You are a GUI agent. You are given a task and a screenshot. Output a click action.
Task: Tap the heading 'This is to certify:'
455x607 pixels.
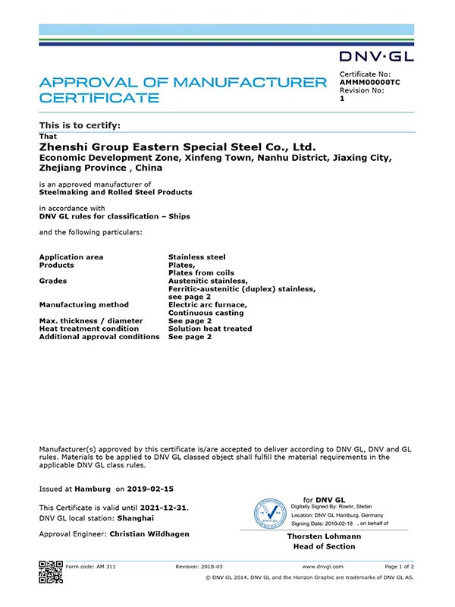pyautogui.click(x=80, y=124)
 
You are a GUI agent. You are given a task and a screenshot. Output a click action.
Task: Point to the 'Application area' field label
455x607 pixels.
pyautogui.click(x=71, y=257)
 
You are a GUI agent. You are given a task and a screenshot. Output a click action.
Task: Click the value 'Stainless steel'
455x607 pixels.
pyautogui.click(x=196, y=257)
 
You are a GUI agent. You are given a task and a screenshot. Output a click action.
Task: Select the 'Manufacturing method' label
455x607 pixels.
pyautogui.click(x=83, y=305)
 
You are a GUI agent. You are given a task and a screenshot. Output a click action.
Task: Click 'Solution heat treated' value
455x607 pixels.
pyautogui.click(x=210, y=329)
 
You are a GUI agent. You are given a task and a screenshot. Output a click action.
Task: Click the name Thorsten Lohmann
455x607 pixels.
pyautogui.click(x=319, y=536)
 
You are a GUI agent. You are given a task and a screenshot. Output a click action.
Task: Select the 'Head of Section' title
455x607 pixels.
pyautogui.click(x=319, y=546)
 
